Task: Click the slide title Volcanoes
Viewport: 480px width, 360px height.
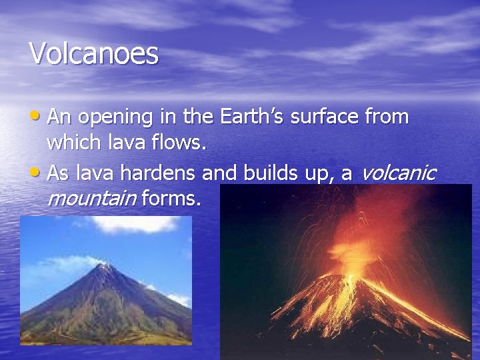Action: point(94,53)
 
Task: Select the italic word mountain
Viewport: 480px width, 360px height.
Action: point(91,198)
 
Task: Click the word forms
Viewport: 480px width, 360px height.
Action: point(170,198)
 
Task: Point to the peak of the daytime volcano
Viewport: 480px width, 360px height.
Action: point(104,265)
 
